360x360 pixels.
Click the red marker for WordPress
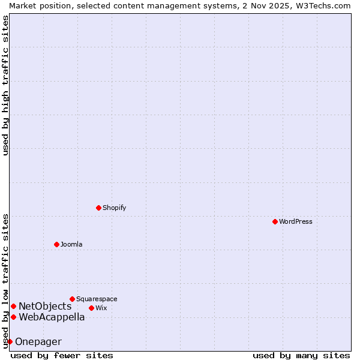(275, 221)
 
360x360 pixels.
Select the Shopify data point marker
(98, 208)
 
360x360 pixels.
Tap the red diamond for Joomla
(56, 244)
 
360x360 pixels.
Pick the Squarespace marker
(72, 299)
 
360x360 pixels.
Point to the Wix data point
(91, 308)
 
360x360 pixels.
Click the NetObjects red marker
(13, 307)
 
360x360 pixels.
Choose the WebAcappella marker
(13, 317)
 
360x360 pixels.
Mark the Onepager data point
(10, 341)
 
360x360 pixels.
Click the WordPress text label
(296, 221)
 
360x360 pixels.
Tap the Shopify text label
(114, 208)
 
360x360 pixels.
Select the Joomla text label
(71, 244)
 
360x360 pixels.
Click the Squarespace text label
(97, 299)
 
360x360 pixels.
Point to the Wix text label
(101, 308)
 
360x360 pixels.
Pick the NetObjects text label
(45, 307)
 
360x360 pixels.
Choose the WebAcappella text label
(52, 317)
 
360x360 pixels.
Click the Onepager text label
(38, 341)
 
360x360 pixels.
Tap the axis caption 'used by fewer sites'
(62, 355)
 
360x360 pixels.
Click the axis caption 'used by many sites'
(301, 355)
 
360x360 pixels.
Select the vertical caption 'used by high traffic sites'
(5, 85)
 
